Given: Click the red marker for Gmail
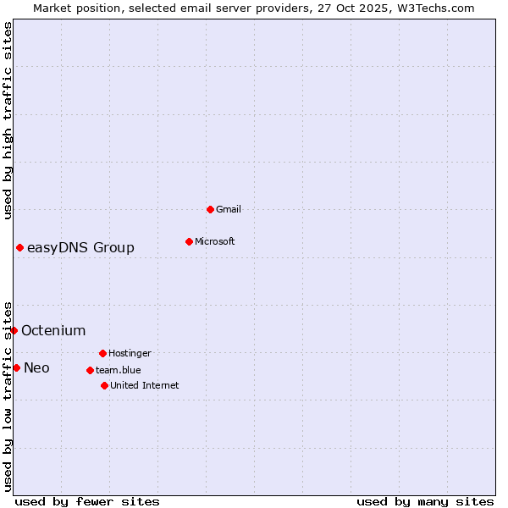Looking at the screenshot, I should [x=210, y=209].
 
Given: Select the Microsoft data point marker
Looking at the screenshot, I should [x=189, y=241].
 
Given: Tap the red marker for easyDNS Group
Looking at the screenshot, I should [x=19, y=247].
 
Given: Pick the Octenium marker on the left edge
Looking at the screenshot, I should [x=14, y=330].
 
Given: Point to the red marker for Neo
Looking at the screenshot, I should [x=16, y=367].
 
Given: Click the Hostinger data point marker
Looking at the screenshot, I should [x=102, y=353].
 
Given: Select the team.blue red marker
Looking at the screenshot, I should [x=90, y=370].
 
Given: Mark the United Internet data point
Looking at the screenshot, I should [x=104, y=385].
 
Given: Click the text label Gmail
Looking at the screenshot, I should [x=229, y=209].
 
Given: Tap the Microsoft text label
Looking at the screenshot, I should [x=215, y=241].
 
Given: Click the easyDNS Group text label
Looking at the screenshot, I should [x=80, y=247].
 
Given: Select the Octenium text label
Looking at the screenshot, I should [x=53, y=330].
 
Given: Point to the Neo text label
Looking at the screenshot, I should [x=36, y=367].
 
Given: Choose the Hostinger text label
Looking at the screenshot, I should [x=130, y=353].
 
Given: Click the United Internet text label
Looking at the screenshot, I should [x=144, y=385].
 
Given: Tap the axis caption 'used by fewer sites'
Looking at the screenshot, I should [x=86, y=501].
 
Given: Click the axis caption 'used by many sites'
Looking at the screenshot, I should [x=425, y=501].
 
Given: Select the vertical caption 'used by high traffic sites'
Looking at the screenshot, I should [x=8, y=120].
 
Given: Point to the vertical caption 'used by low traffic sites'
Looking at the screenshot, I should [x=8, y=395].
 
